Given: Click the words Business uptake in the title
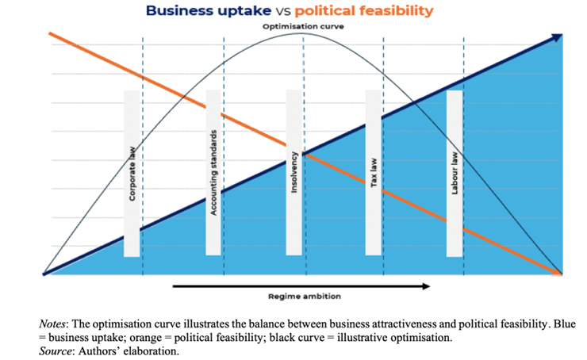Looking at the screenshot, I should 203,11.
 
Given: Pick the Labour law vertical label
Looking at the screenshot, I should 454,174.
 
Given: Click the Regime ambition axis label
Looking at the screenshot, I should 304,297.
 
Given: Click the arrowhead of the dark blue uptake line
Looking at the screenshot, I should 557,36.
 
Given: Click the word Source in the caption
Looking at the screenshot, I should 56,350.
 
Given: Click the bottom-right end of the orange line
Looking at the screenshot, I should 560,274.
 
